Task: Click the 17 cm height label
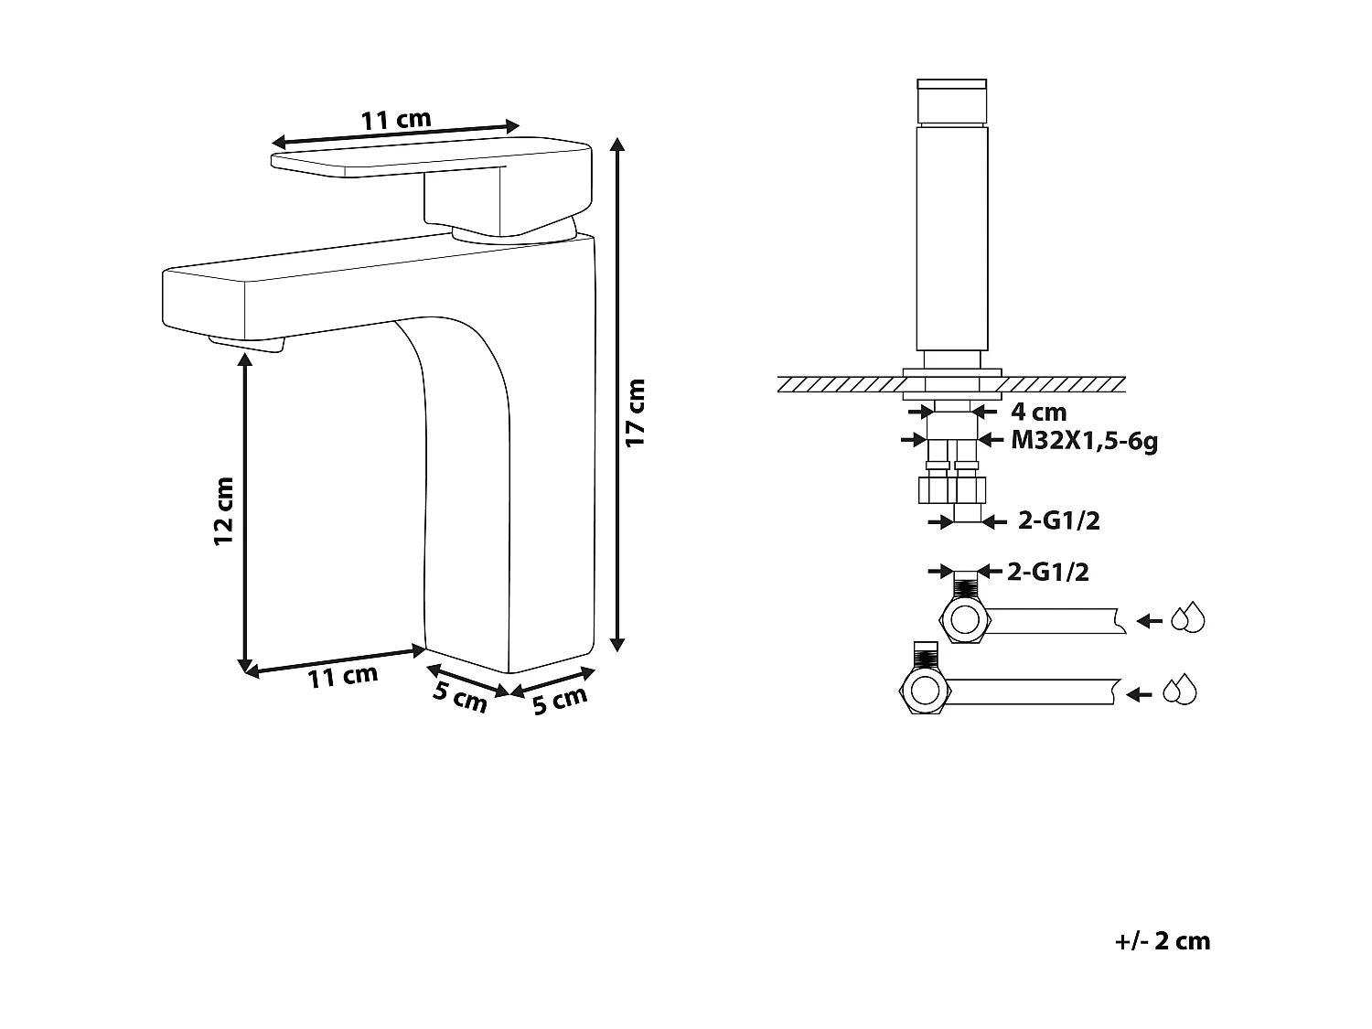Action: [637, 412]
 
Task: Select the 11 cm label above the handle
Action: [395, 120]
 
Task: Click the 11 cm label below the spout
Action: [342, 677]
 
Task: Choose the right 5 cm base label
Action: [559, 701]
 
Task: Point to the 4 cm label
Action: [1037, 412]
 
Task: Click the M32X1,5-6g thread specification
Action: [1084, 441]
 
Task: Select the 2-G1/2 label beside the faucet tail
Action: [1058, 521]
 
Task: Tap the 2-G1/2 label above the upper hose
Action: [1047, 573]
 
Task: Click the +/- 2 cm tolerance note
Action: [1163, 941]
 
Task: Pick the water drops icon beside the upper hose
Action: [1188, 619]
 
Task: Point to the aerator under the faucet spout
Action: [247, 342]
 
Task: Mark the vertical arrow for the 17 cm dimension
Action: [618, 393]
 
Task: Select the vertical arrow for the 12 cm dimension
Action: [244, 512]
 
